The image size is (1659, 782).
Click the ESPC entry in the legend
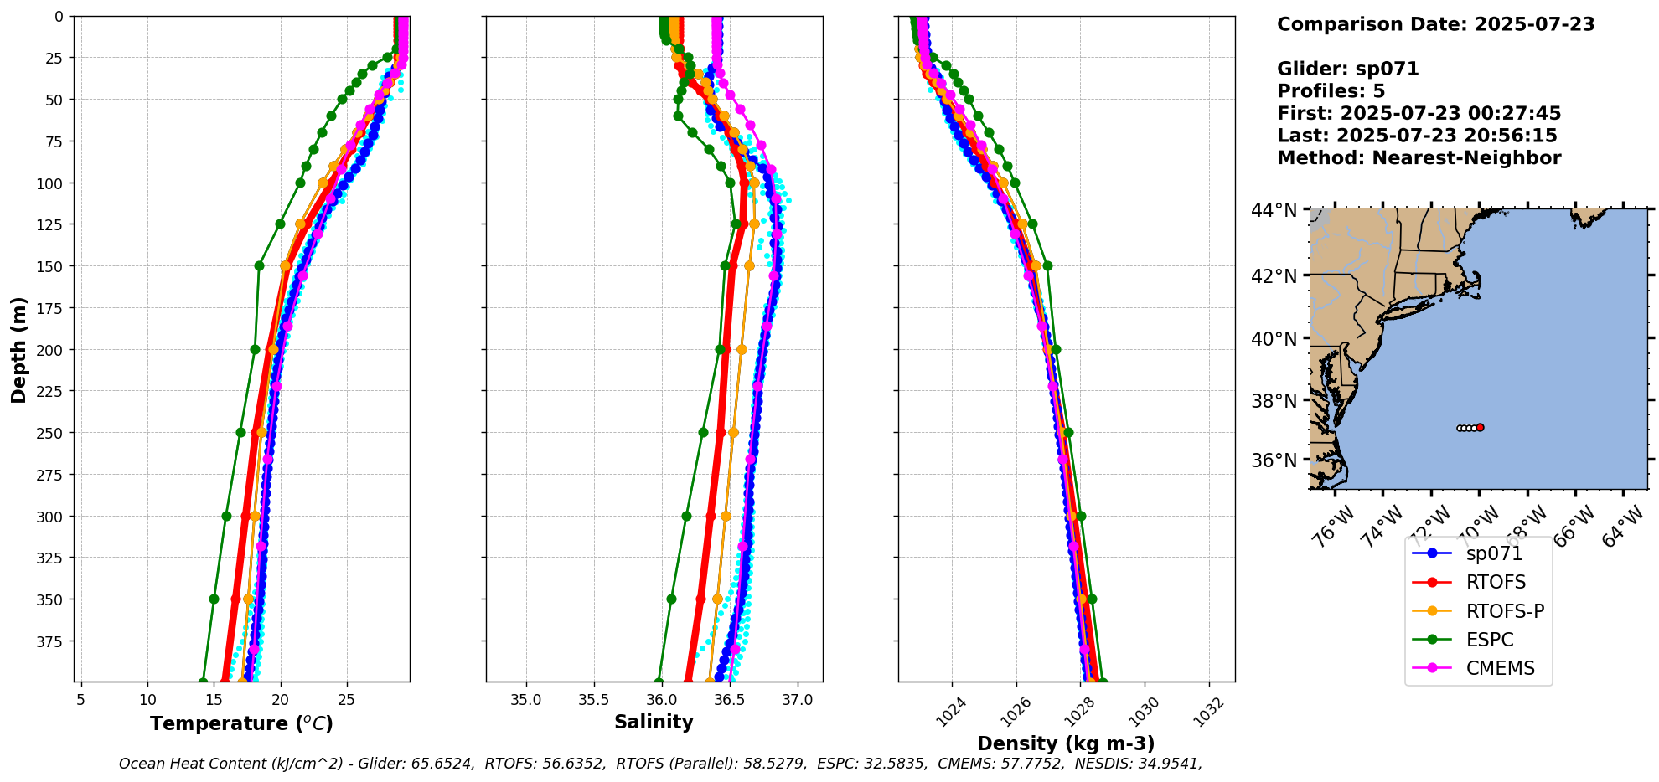click(x=1490, y=640)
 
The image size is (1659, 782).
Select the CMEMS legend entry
click(x=1500, y=668)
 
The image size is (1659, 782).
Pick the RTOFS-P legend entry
click(x=1505, y=611)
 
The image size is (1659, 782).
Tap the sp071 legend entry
click(x=1494, y=553)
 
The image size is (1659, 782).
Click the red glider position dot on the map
click(x=1481, y=428)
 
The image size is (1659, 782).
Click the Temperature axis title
click(x=241, y=723)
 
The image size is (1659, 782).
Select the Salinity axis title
click(x=654, y=722)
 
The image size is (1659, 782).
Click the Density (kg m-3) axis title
click(x=1066, y=743)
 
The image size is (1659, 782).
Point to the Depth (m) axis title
click(x=18, y=349)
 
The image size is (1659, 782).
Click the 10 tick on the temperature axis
click(x=147, y=700)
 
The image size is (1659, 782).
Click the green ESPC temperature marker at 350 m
click(x=214, y=599)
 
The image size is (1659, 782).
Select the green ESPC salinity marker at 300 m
click(x=686, y=516)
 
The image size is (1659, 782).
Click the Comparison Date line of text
click(x=1435, y=24)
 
